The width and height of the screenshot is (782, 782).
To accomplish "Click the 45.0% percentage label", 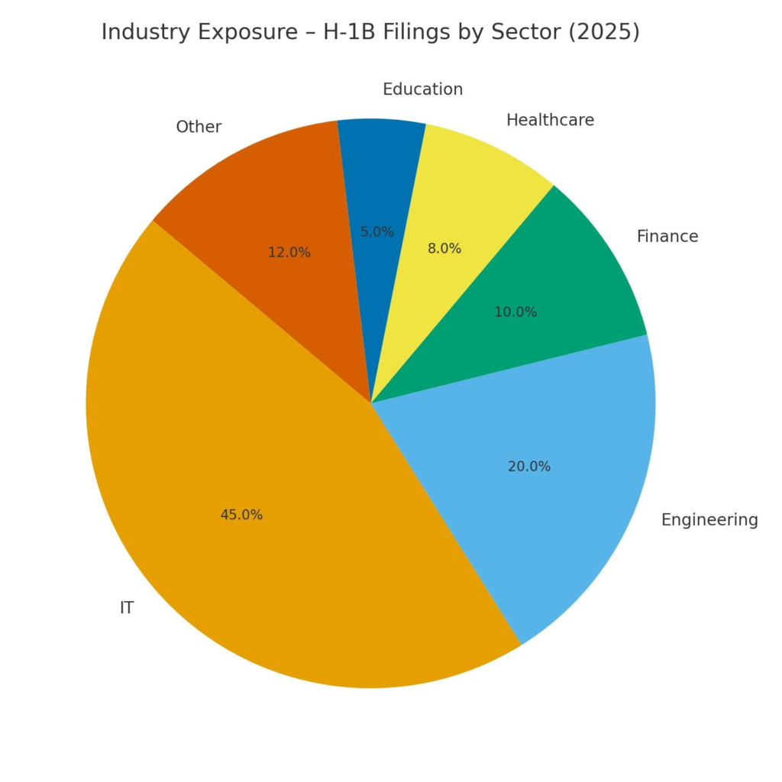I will point(241,515).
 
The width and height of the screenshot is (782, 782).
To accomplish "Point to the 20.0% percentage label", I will point(529,467).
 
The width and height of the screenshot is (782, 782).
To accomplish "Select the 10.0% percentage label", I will point(515,312).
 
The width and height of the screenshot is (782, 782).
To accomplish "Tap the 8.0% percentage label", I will point(444,249).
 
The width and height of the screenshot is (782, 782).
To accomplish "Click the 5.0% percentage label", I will point(377,232).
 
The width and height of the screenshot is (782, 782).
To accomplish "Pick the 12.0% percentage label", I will point(289,253).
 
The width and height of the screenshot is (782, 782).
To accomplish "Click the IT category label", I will point(127,609).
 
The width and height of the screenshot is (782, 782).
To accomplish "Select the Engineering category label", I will point(709,520).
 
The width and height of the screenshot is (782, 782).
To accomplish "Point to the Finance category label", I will point(667,237).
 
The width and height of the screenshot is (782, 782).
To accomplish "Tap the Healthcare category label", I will point(550,120).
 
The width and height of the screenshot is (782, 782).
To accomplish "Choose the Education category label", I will point(422,89).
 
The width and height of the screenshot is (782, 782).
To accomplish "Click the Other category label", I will point(199,127).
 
